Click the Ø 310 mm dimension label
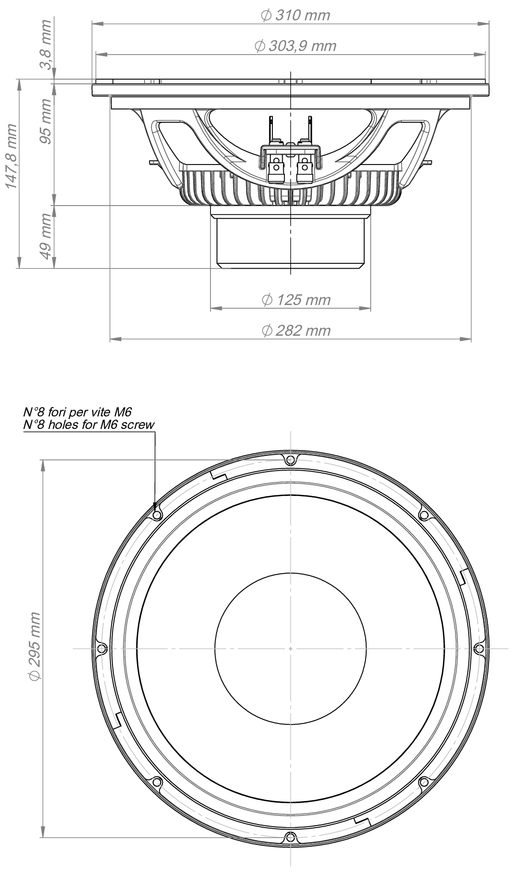coord(295,15)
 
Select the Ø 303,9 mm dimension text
coord(295,46)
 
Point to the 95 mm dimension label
coord(45,121)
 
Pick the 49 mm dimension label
coord(45,236)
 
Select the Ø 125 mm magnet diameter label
coord(296,300)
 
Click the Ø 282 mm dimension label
coord(296,330)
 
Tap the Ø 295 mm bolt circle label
coord(34,646)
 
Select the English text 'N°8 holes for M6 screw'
coord(89,425)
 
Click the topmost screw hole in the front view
coord(291,460)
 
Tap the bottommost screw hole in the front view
coord(291,837)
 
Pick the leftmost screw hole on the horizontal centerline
coord(102,648)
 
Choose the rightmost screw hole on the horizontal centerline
coord(479,648)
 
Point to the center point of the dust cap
coord(291,648)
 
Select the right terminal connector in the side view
coord(305,169)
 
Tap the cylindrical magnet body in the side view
coord(291,242)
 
